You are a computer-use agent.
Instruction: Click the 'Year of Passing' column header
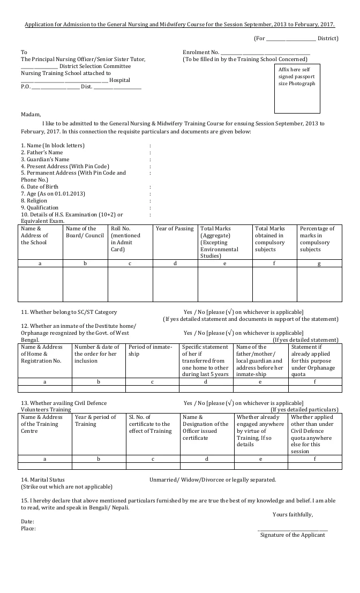pyautogui.click(x=175, y=229)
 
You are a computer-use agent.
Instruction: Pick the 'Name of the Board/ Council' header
pyautogui.click(x=85, y=232)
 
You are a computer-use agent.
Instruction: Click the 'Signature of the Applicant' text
pyautogui.click(x=292, y=535)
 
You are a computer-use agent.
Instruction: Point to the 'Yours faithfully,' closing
pyautogui.click(x=292, y=515)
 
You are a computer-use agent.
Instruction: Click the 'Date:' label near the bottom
pyautogui.click(x=28, y=521)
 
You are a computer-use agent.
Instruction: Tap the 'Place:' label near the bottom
pyautogui.click(x=28, y=529)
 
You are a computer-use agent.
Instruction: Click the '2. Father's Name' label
pyautogui.click(x=42, y=153)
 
